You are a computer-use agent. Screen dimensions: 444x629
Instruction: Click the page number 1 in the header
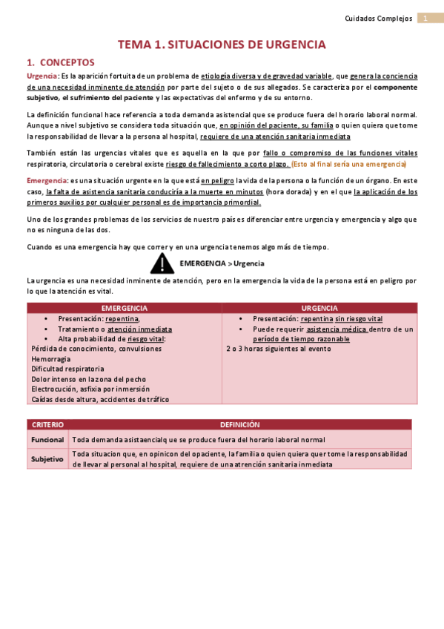(426, 19)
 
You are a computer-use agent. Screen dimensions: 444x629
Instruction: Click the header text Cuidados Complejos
(379, 19)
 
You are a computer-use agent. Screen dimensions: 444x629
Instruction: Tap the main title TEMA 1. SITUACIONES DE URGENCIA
(222, 45)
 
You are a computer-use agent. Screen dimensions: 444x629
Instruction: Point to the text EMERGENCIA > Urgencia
(222, 263)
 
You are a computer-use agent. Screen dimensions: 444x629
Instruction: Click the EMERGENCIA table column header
(124, 308)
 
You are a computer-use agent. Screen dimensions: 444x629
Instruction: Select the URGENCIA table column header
(319, 308)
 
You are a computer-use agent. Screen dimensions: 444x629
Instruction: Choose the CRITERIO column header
(47, 425)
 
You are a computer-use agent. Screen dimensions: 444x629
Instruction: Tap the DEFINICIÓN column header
(239, 425)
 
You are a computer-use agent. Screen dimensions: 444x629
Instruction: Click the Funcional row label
(47, 440)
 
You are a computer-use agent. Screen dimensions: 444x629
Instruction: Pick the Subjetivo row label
(47, 459)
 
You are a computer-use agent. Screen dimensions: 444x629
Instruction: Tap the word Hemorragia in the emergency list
(52, 358)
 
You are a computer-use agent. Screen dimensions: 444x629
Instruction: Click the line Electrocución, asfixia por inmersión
(90, 389)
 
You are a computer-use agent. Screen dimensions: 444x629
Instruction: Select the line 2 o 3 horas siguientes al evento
(278, 348)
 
